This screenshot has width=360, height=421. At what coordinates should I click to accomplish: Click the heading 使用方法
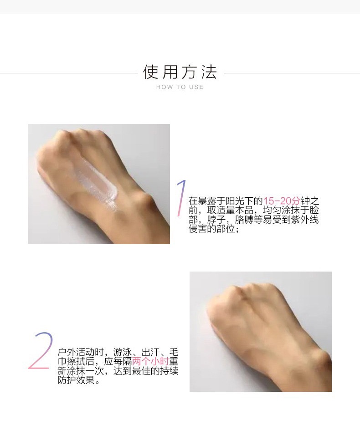(x=180, y=72)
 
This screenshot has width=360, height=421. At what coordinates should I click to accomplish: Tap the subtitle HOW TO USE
(x=180, y=87)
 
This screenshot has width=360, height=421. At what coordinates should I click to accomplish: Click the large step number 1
(x=181, y=198)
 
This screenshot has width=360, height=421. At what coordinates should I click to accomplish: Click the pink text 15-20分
(x=282, y=201)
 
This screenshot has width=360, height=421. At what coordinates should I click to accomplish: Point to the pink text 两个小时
(x=150, y=361)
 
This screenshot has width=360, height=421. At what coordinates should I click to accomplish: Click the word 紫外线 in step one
(x=305, y=220)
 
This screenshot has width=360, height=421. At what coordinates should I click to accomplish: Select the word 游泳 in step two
(x=123, y=352)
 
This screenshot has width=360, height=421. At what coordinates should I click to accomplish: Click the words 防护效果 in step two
(x=76, y=380)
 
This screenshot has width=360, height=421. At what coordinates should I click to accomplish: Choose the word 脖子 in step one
(x=216, y=220)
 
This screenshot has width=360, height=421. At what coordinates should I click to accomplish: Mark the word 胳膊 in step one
(x=244, y=220)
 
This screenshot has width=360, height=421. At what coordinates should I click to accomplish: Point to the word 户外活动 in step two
(x=76, y=352)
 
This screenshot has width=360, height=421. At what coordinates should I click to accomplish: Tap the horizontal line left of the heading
(x=69, y=73)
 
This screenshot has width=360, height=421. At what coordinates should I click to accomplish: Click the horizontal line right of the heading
(x=292, y=73)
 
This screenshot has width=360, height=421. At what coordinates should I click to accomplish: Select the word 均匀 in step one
(x=272, y=210)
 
